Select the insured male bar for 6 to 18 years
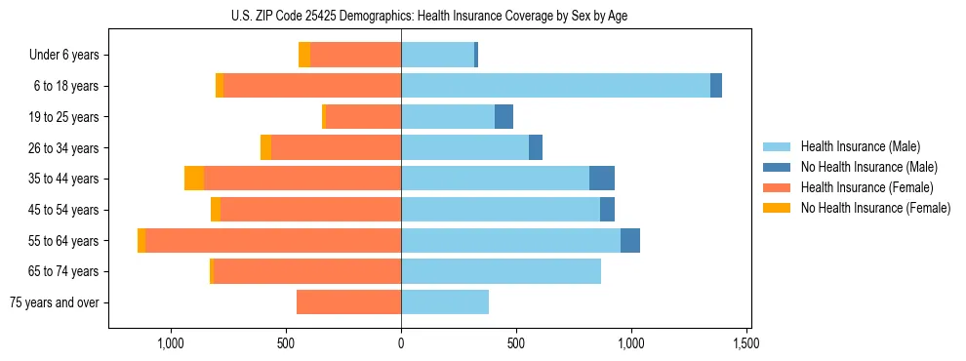(555, 86)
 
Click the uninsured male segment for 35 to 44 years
(602, 179)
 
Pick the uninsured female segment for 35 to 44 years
(194, 179)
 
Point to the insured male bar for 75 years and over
(445, 302)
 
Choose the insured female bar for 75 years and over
(348, 302)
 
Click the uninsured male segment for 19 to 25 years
(503, 117)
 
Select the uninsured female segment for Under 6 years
(304, 56)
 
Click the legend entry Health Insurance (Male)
(860, 147)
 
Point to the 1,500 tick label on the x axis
(746, 343)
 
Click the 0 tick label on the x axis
(401, 343)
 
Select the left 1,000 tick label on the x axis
(171, 343)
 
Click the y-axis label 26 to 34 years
(64, 148)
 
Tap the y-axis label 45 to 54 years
(64, 210)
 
